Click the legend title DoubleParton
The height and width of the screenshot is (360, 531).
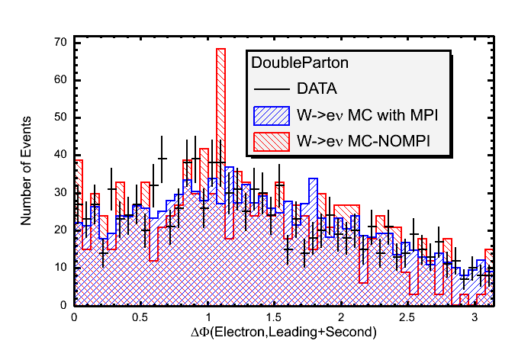click(292, 65)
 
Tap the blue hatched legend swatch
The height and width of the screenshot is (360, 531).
click(271, 116)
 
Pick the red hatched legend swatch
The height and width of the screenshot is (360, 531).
click(271, 142)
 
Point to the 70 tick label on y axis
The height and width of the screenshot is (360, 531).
click(59, 43)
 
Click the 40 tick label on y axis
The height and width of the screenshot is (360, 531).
click(59, 155)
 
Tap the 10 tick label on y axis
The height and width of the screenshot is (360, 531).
click(59, 268)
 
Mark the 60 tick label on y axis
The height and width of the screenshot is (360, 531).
click(59, 80)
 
